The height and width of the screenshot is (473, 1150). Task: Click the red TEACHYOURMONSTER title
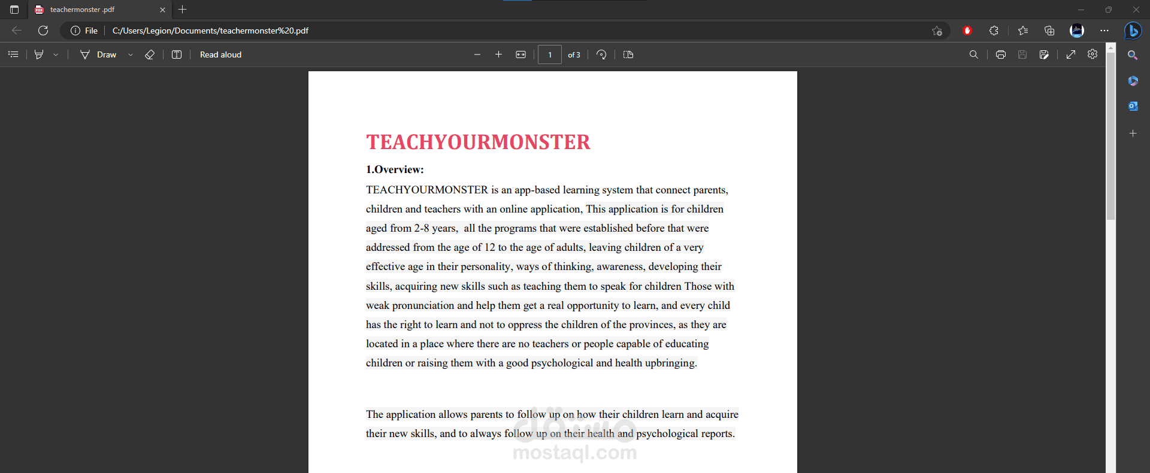point(478,142)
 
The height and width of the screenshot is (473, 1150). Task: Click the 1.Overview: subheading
point(395,169)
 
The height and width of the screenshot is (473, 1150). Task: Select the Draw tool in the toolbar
point(99,54)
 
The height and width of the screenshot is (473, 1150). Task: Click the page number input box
point(549,54)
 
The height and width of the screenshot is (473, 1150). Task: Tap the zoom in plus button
point(498,54)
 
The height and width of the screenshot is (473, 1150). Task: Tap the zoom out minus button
point(477,54)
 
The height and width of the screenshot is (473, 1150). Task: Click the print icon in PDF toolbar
point(1000,54)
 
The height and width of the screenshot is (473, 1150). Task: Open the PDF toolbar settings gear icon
point(1092,54)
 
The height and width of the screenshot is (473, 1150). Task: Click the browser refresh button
point(43,31)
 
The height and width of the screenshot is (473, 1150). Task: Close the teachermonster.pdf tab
point(162,10)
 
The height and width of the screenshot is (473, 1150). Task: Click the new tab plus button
point(183,10)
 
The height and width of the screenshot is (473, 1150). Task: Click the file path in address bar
point(210,31)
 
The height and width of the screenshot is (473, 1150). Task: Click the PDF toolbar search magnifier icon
point(973,54)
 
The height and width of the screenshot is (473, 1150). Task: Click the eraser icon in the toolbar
point(150,54)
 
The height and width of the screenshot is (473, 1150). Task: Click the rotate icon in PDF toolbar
point(601,54)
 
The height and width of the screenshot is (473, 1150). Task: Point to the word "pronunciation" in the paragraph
point(423,305)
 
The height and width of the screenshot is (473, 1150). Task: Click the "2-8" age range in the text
point(421,228)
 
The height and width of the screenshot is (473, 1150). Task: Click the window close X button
point(1136,10)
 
